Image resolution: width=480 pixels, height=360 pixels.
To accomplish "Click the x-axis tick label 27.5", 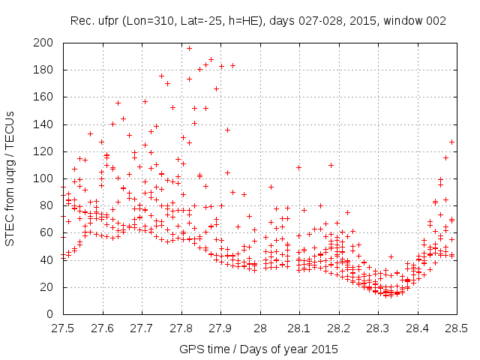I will point(62,328).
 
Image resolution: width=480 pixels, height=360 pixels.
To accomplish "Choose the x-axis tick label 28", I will point(259,328).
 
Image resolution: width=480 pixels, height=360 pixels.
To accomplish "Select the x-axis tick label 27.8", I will point(181,328).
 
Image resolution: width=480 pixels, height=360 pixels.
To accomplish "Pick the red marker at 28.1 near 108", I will point(298,167).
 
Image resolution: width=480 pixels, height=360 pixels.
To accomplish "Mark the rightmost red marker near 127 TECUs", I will point(452,142).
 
